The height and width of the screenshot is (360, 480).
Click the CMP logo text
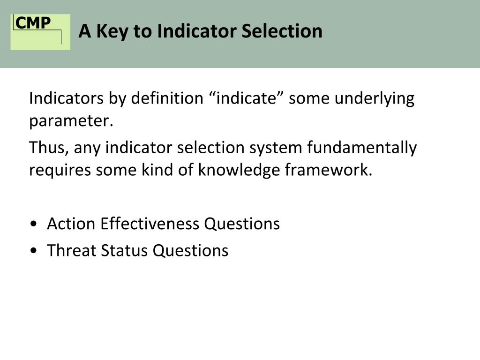point(33,22)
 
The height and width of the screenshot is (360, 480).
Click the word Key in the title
point(112,31)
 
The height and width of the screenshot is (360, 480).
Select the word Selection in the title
point(282,31)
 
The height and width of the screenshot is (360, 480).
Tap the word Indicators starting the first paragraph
point(67,98)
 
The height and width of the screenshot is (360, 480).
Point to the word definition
point(167,98)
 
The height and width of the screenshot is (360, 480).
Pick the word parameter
point(71,121)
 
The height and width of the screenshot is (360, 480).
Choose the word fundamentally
point(362,148)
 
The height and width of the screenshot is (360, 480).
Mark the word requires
point(60,170)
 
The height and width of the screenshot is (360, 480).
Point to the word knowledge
point(239,170)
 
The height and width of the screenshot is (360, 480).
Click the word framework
point(329,170)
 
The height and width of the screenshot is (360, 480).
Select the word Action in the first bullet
point(71,224)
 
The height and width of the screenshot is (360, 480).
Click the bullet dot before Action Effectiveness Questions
point(34,224)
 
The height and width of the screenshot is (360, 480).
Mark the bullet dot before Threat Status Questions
point(34,251)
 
